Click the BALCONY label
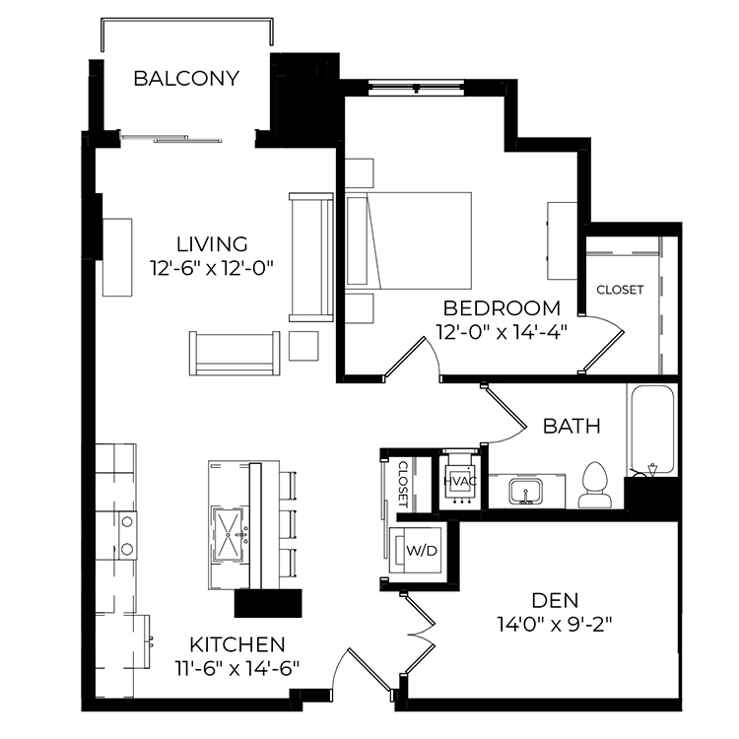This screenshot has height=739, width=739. pos(186,78)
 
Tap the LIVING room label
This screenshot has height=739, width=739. pos(212,244)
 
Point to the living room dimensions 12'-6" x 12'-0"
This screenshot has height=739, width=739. pos(212,268)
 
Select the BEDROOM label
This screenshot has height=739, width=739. pos(502,308)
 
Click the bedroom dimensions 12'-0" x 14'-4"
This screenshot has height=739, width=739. pos(501,332)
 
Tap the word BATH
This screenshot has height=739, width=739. pos(571,426)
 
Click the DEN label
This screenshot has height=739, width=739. pos(555,600)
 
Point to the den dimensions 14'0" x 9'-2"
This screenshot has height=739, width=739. pos(554,625)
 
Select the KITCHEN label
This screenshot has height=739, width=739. pos(237,644)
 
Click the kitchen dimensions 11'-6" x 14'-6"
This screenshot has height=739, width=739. pos(237,668)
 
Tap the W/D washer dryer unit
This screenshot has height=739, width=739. pos(416,550)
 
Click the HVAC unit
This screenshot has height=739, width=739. pos(459,481)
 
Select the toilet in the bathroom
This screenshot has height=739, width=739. pos(595,485)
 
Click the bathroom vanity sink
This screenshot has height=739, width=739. pos(525,491)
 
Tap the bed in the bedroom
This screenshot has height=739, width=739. pos(408,240)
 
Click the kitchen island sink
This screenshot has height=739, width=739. pos(229,535)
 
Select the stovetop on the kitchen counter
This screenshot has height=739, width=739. pos(127,535)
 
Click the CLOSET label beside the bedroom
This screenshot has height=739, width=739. pos(620,290)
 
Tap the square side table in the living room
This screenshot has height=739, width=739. pos(303,346)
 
